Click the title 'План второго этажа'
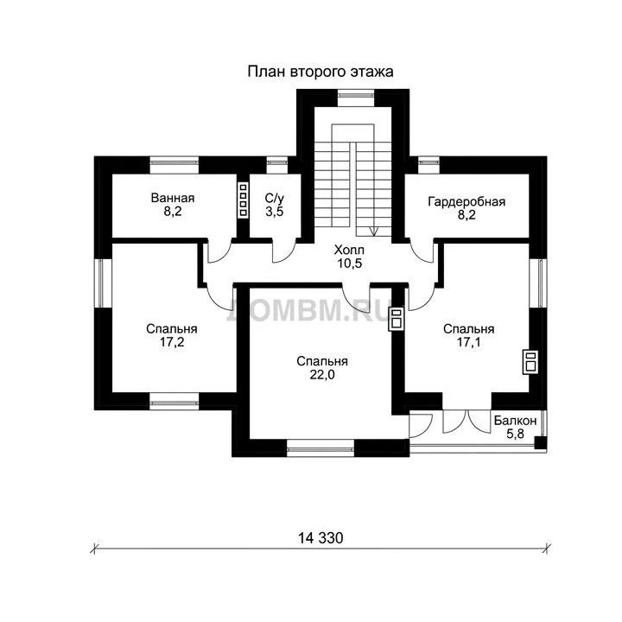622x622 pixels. click(321, 72)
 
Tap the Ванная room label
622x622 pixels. click(173, 198)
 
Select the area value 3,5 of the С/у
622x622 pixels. click(275, 212)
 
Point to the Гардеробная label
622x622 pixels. click(466, 202)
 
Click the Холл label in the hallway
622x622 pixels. click(349, 250)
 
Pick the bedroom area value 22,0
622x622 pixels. click(322, 374)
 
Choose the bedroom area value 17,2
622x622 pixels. click(172, 342)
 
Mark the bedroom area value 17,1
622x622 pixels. click(468, 342)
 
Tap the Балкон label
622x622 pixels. click(515, 421)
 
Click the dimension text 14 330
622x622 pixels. click(321, 538)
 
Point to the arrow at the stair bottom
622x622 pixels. click(374, 232)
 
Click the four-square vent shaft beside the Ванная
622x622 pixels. click(243, 200)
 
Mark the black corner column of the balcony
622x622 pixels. click(540, 442)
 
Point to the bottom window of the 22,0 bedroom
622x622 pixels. click(321, 448)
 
